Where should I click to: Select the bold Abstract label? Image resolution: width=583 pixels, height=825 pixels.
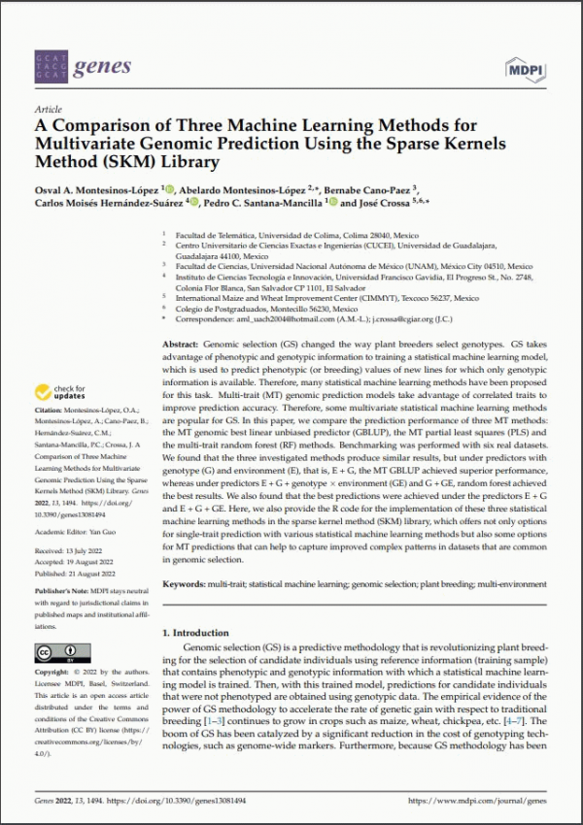179,345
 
